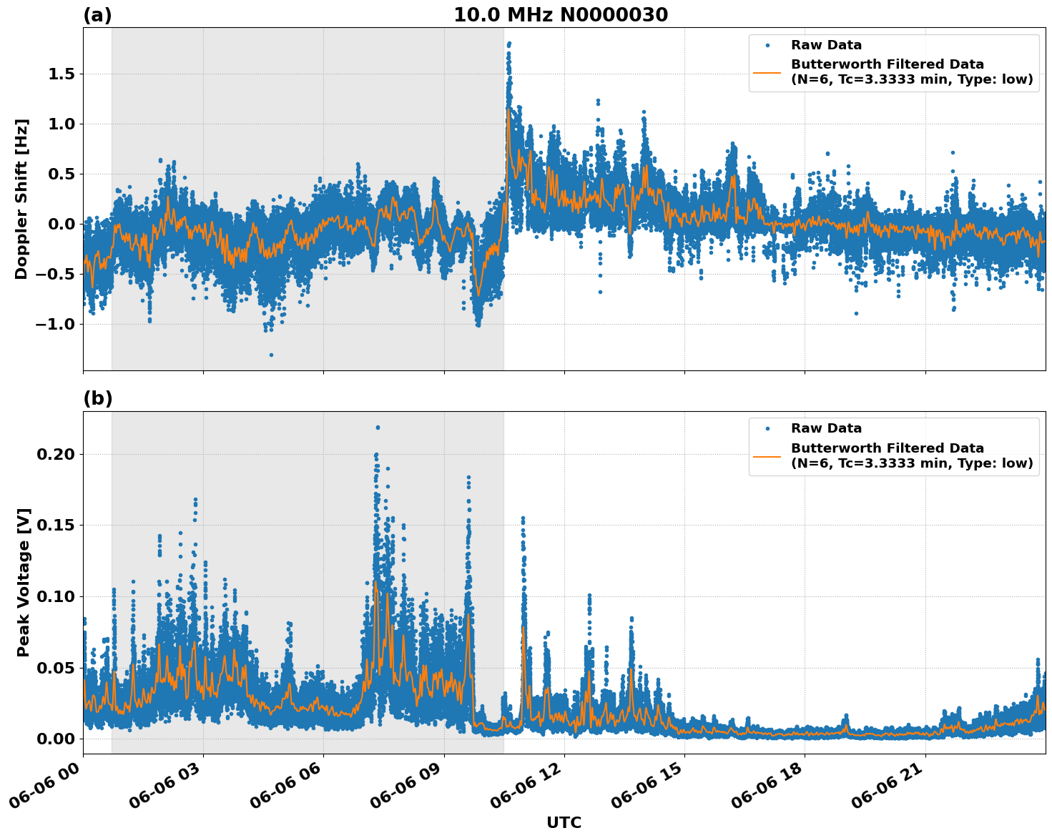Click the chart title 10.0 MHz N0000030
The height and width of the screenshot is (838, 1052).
(x=560, y=15)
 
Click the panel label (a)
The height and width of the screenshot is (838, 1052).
(x=97, y=15)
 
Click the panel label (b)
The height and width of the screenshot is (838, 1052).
(x=97, y=398)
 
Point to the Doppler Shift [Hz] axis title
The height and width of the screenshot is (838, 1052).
(x=21, y=199)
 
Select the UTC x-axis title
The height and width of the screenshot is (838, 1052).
(x=564, y=822)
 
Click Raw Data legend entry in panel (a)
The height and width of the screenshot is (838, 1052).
(x=826, y=45)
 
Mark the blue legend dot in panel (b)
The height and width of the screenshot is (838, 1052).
(x=767, y=428)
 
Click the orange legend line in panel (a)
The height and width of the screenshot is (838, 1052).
(x=767, y=72)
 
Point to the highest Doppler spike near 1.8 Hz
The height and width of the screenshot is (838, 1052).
(x=509, y=43)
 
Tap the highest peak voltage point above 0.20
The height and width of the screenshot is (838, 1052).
(x=378, y=428)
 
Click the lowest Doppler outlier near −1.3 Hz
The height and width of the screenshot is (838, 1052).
(x=271, y=355)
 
